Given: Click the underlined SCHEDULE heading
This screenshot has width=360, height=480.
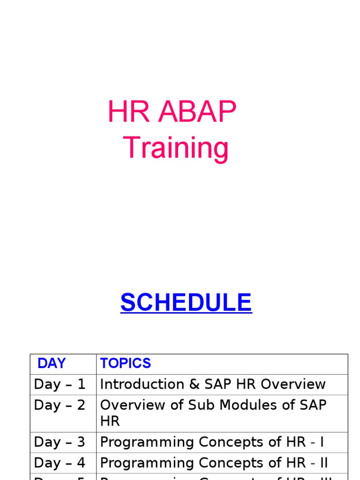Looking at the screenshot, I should (x=186, y=303).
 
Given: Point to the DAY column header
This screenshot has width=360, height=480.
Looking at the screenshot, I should (x=52, y=363).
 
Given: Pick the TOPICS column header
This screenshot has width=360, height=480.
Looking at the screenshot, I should (x=126, y=363).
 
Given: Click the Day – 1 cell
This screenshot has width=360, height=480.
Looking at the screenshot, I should (x=60, y=384).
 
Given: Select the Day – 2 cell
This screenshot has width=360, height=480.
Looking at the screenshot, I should (x=60, y=405).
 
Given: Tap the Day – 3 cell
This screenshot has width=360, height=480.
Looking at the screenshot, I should (x=60, y=442).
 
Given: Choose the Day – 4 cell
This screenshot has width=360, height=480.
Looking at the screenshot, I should (x=60, y=463).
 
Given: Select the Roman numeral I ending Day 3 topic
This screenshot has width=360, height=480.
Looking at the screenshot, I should (x=322, y=442).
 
